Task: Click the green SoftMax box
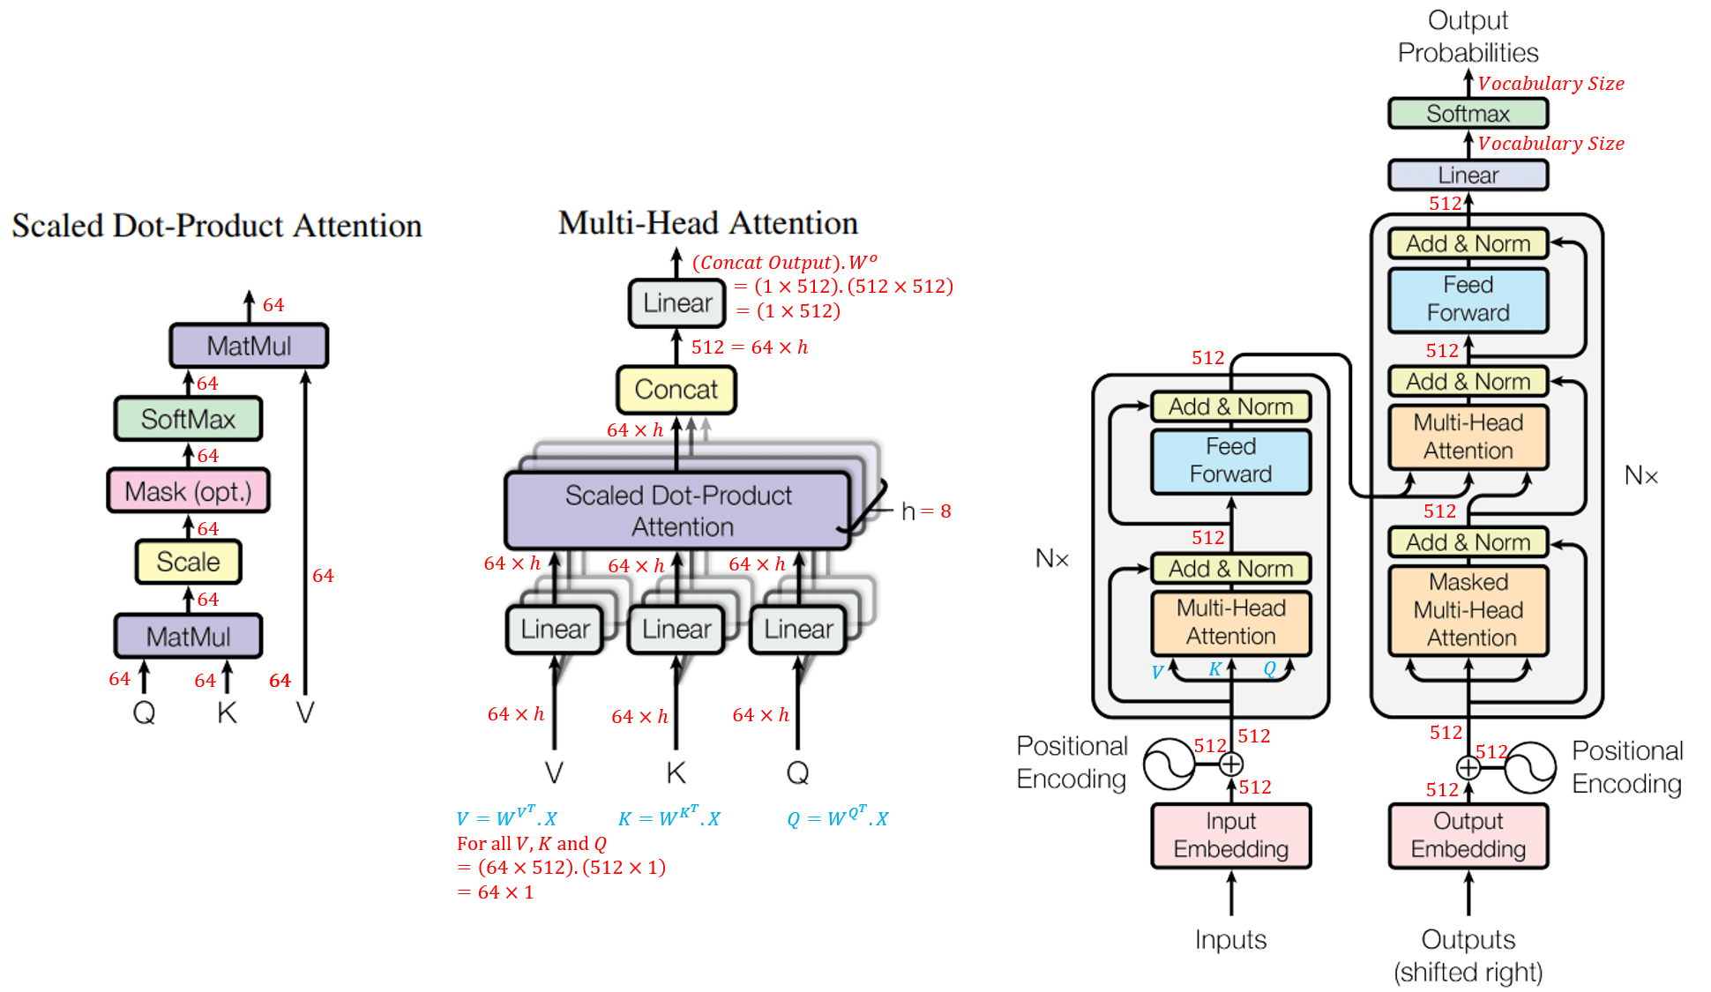pos(188,419)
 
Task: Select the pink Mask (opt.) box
pos(188,491)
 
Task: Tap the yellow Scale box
pos(188,562)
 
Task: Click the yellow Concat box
pos(676,390)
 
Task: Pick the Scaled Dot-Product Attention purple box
pos(677,511)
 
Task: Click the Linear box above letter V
pos(555,630)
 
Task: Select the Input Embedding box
pos(1230,835)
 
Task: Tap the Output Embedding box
pos(1468,835)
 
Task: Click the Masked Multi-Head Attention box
pos(1468,610)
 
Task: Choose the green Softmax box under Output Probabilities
pos(1468,114)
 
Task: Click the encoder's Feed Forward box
pos(1230,460)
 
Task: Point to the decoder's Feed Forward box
pos(1468,299)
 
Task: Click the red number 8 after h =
pos(945,511)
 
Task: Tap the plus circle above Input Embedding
pos(1231,764)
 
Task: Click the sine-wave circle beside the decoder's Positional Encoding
pos(1530,767)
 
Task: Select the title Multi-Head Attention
pos(707,223)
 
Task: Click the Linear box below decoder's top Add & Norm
pos(1468,175)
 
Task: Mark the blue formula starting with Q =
pos(837,817)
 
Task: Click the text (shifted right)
pos(1468,972)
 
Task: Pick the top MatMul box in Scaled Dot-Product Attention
pos(249,346)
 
